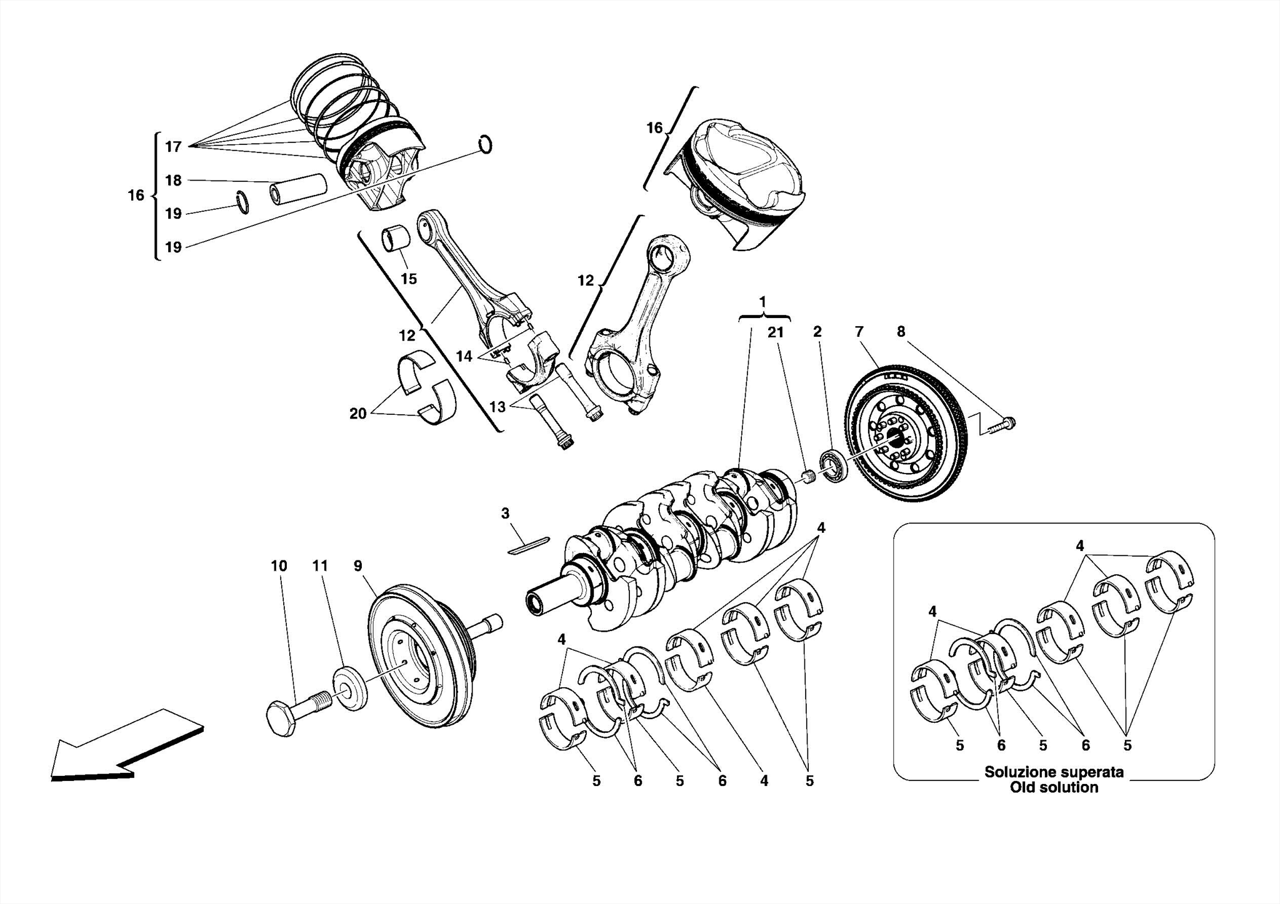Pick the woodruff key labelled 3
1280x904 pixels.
[x=529, y=545]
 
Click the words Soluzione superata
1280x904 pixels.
[x=1054, y=772]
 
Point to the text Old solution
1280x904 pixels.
[x=1054, y=788]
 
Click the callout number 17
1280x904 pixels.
[x=173, y=147]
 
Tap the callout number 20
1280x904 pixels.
[x=357, y=414]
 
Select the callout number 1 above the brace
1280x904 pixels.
[x=762, y=302]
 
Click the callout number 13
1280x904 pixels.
[x=497, y=407]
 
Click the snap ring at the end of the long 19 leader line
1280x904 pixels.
[x=485, y=144]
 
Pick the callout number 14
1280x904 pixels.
[x=464, y=357]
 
